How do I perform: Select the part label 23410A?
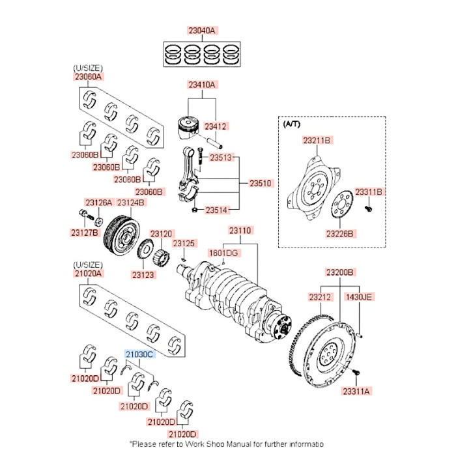[203, 85]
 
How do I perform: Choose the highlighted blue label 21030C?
[139, 354]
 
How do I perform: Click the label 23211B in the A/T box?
[317, 140]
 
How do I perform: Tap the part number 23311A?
[358, 391]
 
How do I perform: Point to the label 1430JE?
[358, 297]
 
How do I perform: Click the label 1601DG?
[223, 253]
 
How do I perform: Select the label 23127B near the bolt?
[85, 233]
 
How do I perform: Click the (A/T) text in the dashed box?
[292, 122]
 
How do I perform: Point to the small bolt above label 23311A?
[356, 372]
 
